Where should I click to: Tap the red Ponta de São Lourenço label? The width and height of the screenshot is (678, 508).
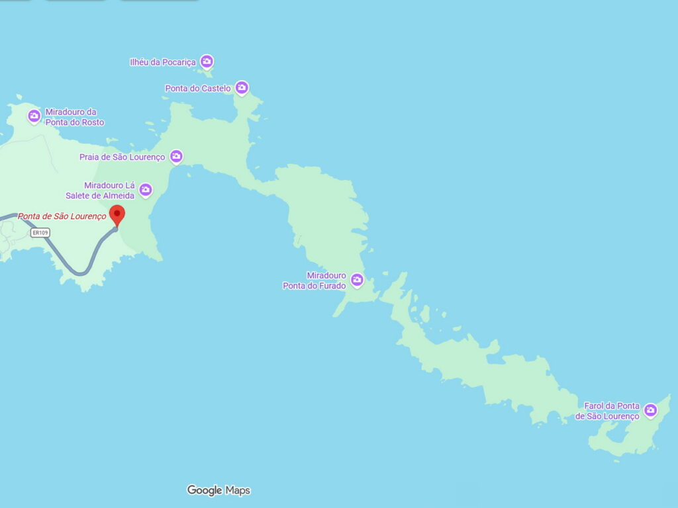(62, 216)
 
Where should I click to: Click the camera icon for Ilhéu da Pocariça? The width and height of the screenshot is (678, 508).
(207, 62)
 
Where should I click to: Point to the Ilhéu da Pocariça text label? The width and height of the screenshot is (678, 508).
(163, 62)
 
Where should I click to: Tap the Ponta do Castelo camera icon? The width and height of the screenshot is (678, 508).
(242, 87)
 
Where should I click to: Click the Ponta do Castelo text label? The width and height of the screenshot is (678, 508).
(198, 88)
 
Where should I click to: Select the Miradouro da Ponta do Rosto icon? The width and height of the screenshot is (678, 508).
(34, 116)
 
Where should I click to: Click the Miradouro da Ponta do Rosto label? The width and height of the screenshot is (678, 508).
(74, 117)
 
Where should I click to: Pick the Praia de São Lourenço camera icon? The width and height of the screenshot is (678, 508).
(176, 156)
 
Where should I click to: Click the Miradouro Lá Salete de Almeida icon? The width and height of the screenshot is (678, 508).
(145, 190)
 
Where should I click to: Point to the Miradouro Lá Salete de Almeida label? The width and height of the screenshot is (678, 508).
(101, 190)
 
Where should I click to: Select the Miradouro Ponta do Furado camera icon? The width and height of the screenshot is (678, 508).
(357, 280)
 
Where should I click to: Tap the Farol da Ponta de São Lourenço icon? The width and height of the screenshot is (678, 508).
(650, 410)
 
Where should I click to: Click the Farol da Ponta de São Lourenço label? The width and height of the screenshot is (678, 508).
(608, 411)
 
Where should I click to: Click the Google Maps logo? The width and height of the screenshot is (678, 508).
(218, 490)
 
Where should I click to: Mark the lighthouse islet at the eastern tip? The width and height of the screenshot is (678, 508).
(629, 433)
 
